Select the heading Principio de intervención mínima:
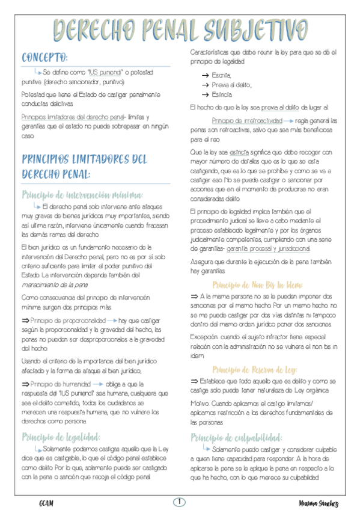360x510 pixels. (82, 195)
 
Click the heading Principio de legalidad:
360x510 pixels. (61, 436)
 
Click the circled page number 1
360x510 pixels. (180, 502)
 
